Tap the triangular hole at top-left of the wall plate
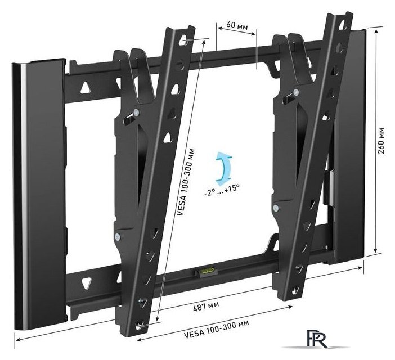tap(85, 88)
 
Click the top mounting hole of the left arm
tap(186, 40)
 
